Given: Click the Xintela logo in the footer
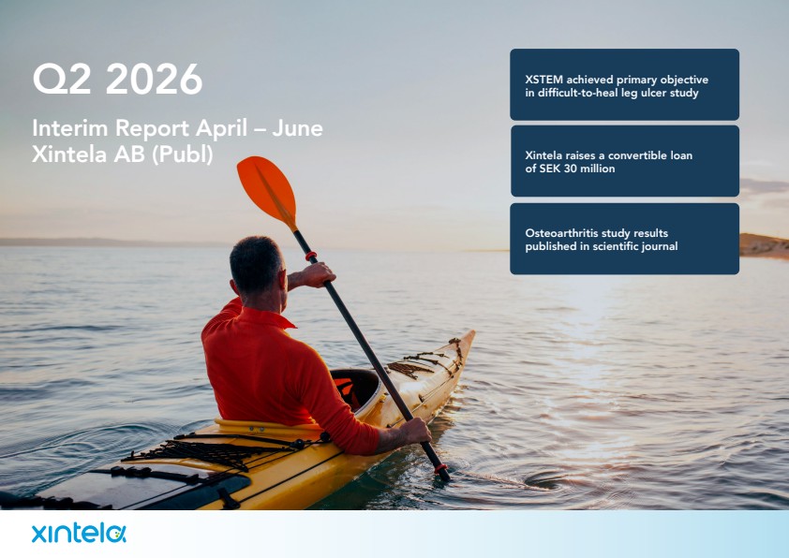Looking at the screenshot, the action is [79, 534].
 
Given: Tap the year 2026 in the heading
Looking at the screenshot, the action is [154, 79].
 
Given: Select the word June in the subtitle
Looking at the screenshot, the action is [298, 128].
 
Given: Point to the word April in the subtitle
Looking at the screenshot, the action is [221, 129].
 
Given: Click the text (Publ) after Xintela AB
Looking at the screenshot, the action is [182, 154].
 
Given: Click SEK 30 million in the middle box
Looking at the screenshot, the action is [570, 169].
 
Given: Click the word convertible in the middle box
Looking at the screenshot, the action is [635, 155].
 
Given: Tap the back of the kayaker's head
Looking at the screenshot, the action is [256, 265].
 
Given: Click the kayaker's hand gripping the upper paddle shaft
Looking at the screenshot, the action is [318, 274].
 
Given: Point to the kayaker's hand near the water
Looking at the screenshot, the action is [415, 432].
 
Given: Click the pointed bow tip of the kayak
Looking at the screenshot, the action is [473, 332].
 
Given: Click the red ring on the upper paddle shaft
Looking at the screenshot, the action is [311, 257].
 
